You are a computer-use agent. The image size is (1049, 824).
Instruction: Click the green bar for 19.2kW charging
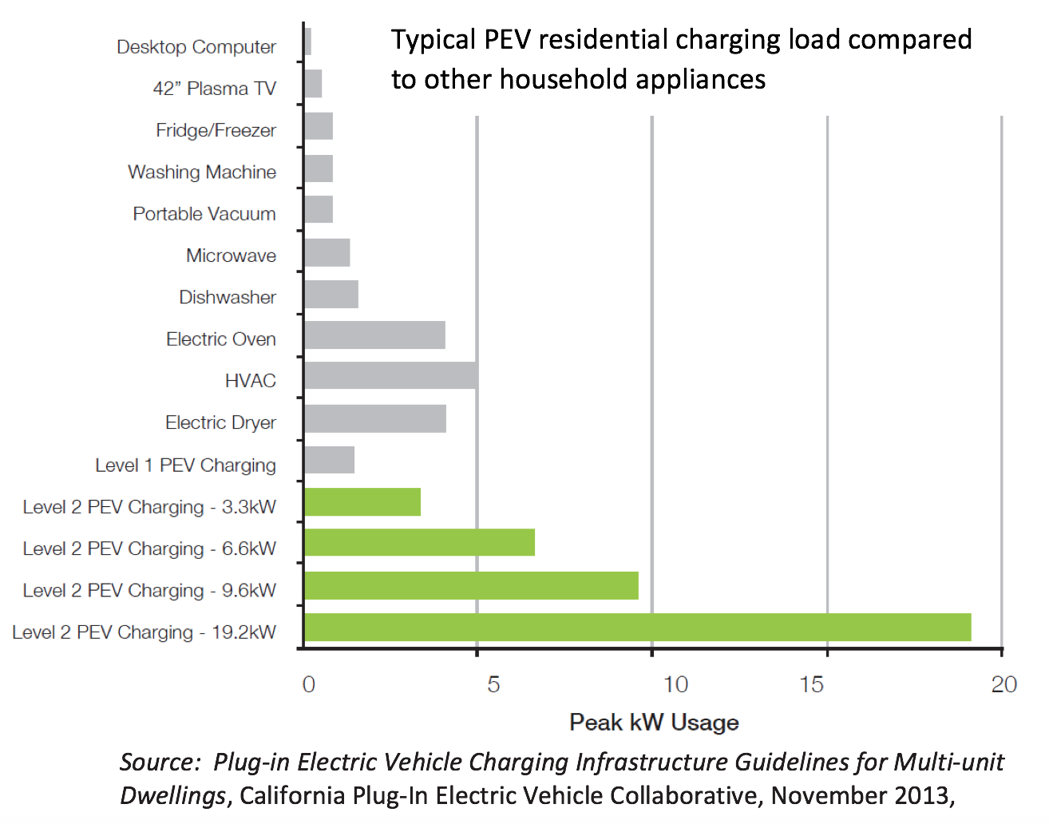pos(637,628)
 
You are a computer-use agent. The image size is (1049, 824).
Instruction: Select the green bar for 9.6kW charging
pos(471,585)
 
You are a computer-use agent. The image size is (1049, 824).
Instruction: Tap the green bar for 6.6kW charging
pos(419,543)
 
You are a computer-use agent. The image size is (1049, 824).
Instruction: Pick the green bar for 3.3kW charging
pos(362,501)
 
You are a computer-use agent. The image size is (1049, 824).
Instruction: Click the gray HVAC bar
pos(390,375)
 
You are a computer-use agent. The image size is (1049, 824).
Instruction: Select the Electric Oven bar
pos(374,335)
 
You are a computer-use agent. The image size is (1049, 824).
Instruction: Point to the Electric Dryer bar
pos(374,418)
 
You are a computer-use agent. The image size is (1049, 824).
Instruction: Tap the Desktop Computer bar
pos(308,42)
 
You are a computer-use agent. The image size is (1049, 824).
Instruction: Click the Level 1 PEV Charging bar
pos(329,461)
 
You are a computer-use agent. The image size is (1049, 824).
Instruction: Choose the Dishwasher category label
pos(228,298)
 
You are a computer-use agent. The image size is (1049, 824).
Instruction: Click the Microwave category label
pos(231,256)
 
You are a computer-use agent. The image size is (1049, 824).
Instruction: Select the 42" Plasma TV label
pos(214,89)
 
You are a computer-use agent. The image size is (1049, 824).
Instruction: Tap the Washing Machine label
pos(202,172)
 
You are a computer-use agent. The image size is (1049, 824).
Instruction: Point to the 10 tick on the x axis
pos(675,684)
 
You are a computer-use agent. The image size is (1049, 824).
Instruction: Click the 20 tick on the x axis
pos(1003,684)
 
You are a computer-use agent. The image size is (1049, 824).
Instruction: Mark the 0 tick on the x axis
pos(309,684)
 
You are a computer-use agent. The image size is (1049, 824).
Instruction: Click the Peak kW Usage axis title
pos(654,723)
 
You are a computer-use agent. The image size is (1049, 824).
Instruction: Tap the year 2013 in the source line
pos(920,795)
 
